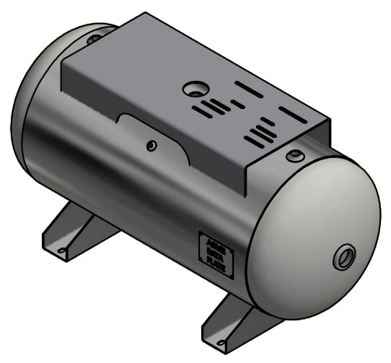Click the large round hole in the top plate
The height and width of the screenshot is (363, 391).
coord(194,89)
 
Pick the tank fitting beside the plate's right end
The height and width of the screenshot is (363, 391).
coord(295,155)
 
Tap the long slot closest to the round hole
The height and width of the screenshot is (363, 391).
coord(249,89)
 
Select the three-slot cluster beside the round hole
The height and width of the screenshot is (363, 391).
coord(214,108)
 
